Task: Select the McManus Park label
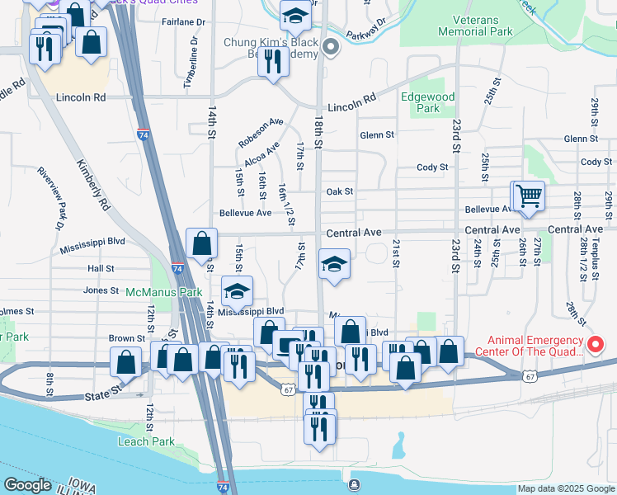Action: [x=164, y=292]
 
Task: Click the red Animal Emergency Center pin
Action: [x=596, y=345]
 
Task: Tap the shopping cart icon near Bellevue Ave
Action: [x=529, y=196]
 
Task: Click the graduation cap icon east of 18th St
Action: [x=334, y=264]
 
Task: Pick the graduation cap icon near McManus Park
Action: [x=237, y=290]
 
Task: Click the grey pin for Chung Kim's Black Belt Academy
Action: [x=331, y=47]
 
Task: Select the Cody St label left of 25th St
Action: [x=432, y=167]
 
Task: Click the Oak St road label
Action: [x=339, y=191]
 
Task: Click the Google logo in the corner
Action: [x=27, y=485]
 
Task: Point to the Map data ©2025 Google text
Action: [x=566, y=488]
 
